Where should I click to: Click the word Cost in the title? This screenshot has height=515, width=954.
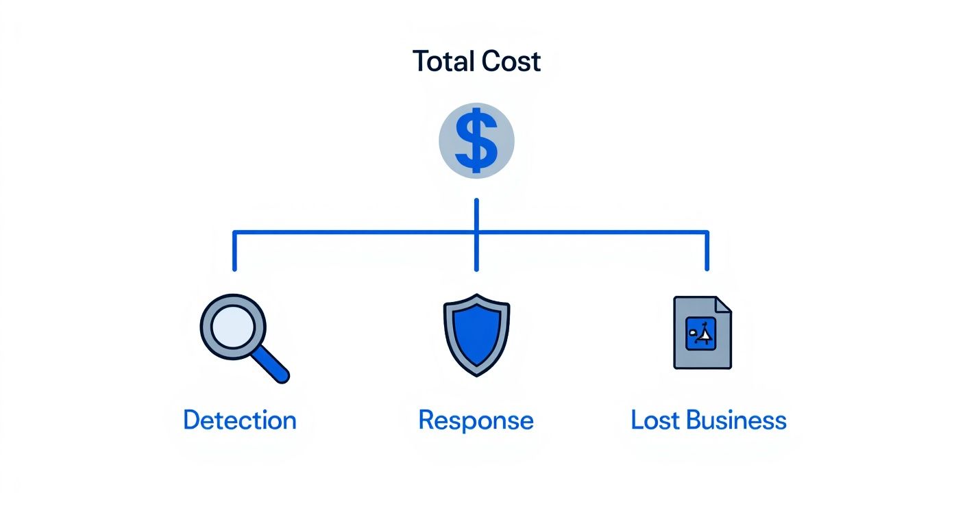[511, 62]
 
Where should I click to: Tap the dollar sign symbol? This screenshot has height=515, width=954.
[476, 142]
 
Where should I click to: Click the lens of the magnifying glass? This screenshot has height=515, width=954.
[232, 326]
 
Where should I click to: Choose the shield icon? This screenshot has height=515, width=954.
[476, 334]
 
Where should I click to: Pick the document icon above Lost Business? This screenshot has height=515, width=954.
[702, 333]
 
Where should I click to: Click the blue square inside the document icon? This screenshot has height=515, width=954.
[700, 334]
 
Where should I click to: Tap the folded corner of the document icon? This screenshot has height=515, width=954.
[724, 305]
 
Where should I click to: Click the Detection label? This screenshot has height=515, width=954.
[240, 420]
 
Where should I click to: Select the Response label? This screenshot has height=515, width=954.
[476, 420]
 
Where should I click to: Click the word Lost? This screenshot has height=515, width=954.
[655, 420]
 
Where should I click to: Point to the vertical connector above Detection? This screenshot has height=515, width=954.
[235, 251]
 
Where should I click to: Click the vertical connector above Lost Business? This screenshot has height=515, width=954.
[707, 251]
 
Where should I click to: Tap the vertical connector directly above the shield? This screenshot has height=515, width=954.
[476, 253]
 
